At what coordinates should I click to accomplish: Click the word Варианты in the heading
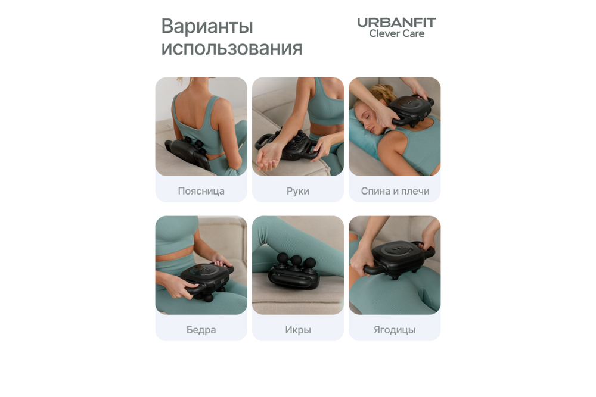pyautogui.click(x=207, y=27)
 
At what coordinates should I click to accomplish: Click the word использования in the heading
pyautogui.click(x=231, y=48)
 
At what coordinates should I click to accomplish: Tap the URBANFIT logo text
pyautogui.click(x=396, y=23)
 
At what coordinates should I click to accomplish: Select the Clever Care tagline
pyautogui.click(x=396, y=34)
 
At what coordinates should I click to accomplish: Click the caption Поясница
pyautogui.click(x=201, y=192)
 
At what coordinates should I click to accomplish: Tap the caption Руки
pyautogui.click(x=297, y=192)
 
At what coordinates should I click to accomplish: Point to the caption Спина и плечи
pyautogui.click(x=395, y=192)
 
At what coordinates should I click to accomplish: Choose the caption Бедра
pyautogui.click(x=201, y=330)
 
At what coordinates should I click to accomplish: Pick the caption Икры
pyautogui.click(x=297, y=330)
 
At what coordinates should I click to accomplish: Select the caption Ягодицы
pyautogui.click(x=395, y=330)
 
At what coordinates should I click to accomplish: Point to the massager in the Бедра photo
pyautogui.click(x=202, y=279)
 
